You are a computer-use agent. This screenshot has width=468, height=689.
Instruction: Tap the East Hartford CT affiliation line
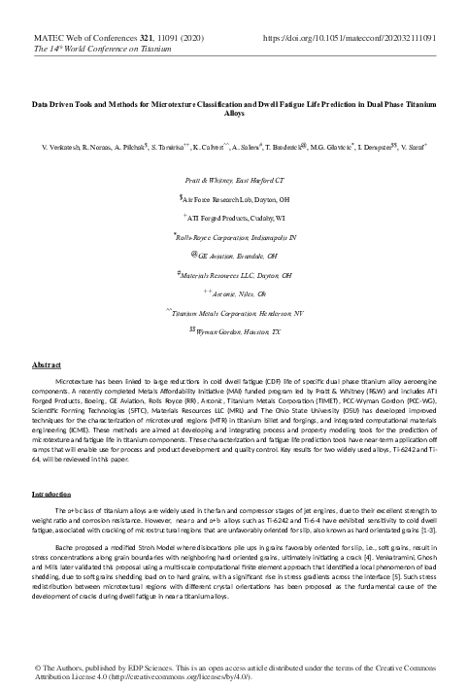tap(233, 182)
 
